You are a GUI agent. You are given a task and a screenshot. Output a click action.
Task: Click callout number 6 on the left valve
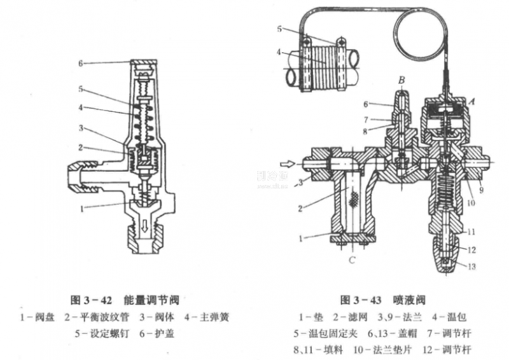81,63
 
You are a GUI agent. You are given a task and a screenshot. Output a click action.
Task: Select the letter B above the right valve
402,80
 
